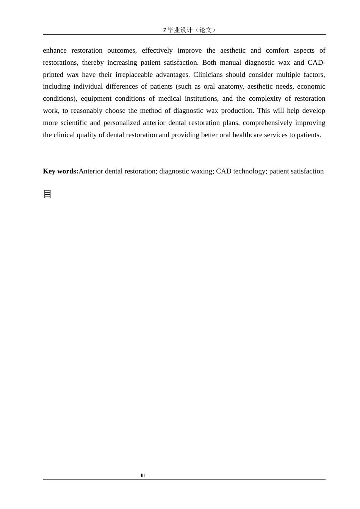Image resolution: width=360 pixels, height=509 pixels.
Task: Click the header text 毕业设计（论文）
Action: pos(191,30)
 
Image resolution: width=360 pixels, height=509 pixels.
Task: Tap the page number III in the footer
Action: pos(143,476)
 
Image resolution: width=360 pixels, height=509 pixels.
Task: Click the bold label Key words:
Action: pos(61,171)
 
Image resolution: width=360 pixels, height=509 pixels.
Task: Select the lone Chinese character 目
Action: pos(47,194)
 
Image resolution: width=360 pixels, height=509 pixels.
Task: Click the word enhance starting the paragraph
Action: pos(55,50)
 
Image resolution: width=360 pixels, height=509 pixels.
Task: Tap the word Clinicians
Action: pos(208,75)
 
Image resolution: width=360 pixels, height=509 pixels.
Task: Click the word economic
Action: pos(311,86)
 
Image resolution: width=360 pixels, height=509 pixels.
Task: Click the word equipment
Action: pos(95,98)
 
